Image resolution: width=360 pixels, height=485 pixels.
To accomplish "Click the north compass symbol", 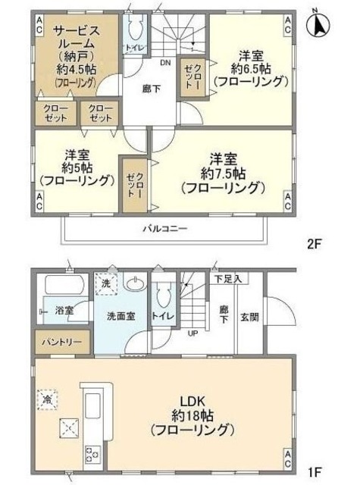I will pos(320,24).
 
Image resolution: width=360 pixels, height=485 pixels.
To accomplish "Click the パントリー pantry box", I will pos(56,343).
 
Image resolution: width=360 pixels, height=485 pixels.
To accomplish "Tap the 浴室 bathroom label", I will pos(64,311).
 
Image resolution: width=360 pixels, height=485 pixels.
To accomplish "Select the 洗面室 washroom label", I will pos(121,317).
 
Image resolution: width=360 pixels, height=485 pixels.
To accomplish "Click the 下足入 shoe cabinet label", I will pos(227,279).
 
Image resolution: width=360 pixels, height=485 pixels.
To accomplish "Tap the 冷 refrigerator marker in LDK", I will pos(48,397).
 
